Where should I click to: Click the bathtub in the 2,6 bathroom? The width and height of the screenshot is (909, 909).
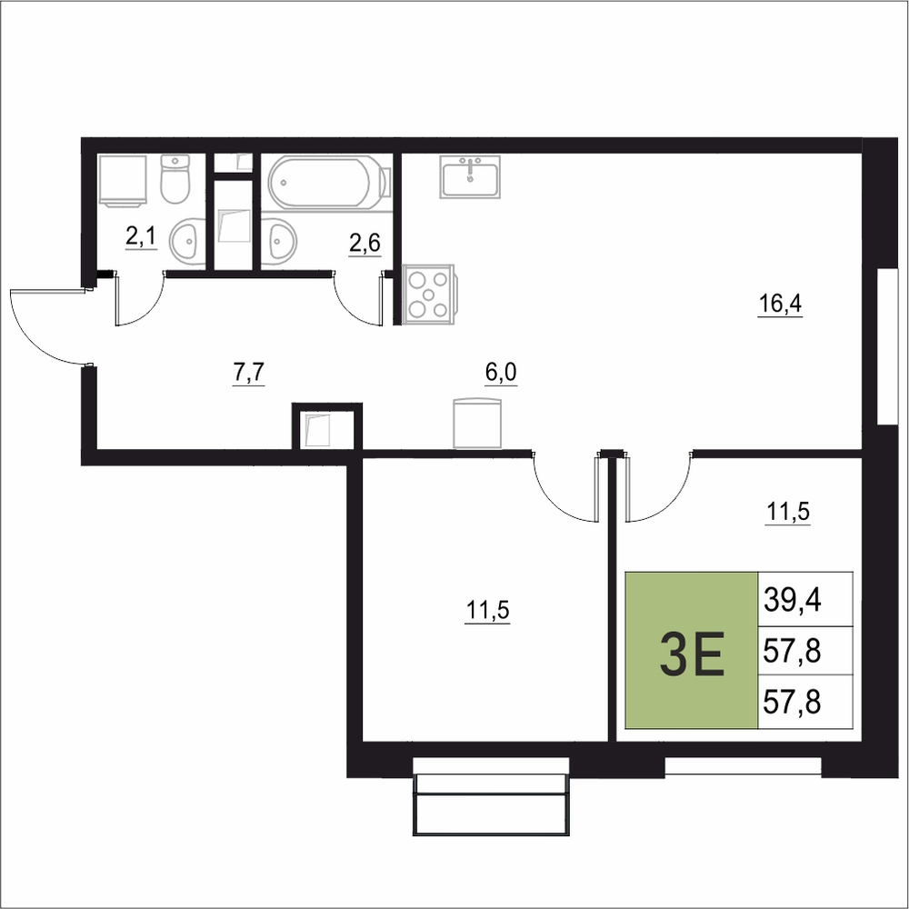tap(329, 182)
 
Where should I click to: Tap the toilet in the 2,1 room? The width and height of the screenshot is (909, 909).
tap(175, 178)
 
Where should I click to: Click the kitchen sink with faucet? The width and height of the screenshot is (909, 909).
tap(470, 177)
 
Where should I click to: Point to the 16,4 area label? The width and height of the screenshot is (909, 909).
tap(780, 305)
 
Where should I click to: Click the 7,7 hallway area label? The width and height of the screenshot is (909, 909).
tap(248, 373)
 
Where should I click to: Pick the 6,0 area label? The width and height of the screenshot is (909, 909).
tap(501, 373)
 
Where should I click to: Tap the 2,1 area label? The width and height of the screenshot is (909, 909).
tap(141, 236)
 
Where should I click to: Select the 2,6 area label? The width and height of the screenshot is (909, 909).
tap(365, 244)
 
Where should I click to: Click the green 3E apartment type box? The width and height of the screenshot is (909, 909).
tap(692, 650)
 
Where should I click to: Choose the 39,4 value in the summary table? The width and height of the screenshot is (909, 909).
tap(793, 600)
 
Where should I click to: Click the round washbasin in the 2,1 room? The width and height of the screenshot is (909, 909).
tap(186, 240)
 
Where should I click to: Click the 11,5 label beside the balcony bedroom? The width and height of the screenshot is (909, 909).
tap(487, 611)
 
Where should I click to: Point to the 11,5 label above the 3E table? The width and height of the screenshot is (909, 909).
tap(788, 513)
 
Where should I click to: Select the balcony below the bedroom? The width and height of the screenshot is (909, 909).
tap(491, 796)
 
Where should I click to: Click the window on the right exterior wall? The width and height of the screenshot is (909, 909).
tap(887, 346)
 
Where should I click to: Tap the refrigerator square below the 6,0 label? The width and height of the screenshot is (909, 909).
tap(477, 423)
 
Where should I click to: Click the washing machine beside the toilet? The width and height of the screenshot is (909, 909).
tap(123, 180)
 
